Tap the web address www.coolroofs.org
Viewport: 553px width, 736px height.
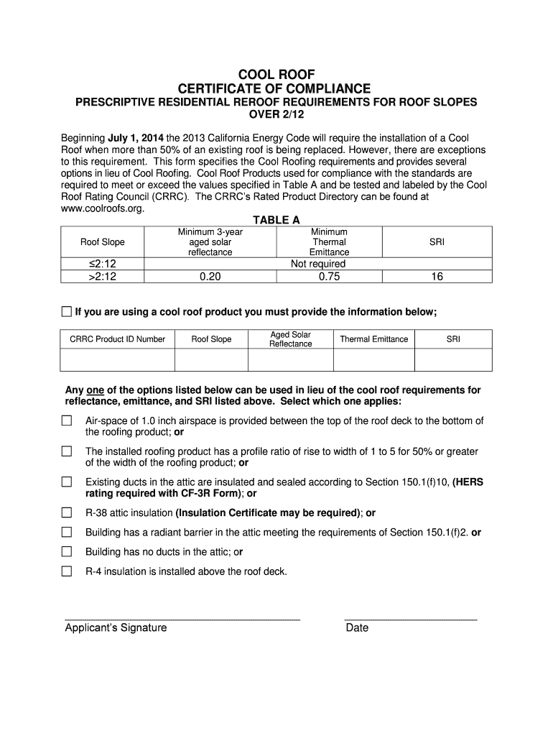[103, 208]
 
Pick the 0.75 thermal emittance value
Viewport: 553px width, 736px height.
[328, 276]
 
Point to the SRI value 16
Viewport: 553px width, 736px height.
[437, 276]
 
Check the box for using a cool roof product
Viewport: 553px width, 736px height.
[66, 311]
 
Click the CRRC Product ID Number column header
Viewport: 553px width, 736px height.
[117, 339]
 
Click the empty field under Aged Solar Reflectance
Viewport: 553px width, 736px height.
[290, 359]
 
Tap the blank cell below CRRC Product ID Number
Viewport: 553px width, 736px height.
[117, 359]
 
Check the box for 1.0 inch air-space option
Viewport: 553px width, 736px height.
[67, 421]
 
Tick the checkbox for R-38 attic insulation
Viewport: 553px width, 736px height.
[67, 513]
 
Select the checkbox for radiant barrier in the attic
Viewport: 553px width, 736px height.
[67, 533]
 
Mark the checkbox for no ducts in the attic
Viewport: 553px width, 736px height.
[67, 552]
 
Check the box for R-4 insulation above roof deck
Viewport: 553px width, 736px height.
[67, 571]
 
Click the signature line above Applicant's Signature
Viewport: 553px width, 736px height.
[182, 617]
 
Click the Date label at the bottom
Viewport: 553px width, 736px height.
[357, 628]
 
